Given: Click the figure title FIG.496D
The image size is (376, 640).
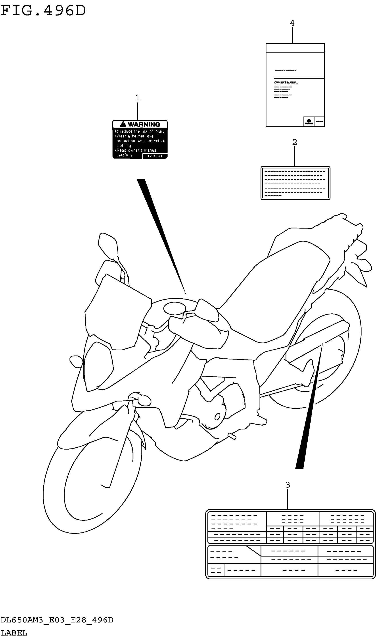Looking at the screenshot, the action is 43,11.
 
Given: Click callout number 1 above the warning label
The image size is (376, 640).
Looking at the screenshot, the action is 138,98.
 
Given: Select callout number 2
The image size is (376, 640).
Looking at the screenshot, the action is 294,142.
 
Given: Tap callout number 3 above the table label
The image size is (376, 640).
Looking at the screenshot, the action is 288,485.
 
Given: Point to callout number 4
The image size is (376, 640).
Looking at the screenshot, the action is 292,23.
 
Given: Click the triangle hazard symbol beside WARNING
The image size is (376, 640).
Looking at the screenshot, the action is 123,124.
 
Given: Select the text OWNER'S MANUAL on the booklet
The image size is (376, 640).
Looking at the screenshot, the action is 286,83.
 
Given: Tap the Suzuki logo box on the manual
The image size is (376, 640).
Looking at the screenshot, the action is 309,122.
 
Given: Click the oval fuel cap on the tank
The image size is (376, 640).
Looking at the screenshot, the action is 175,309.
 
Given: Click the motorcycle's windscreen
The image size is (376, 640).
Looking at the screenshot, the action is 117,312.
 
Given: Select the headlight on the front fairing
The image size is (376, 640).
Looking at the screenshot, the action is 98,366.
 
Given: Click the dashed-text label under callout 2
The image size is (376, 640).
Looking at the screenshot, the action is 295,183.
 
